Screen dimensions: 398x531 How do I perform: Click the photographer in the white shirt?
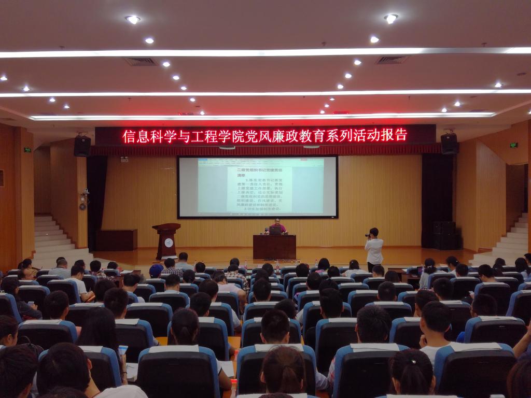pos(374,248)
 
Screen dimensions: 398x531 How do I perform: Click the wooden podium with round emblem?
pos(167,240)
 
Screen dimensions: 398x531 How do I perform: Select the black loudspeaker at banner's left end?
pos(82,146)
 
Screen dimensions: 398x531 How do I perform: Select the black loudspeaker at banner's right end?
pos(449,144)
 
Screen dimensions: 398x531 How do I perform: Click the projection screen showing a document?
pos(257,186)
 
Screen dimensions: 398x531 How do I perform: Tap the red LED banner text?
pos(264,135)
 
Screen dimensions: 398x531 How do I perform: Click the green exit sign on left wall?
pos(27,150)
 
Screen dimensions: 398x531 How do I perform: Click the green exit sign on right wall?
pos(513,145)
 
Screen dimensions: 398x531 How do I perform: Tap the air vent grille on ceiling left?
pos(141,61)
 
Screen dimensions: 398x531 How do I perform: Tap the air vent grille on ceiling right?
pos(392,60)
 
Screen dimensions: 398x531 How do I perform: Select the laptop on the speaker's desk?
pos(274,230)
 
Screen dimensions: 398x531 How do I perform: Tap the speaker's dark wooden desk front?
pos(274,247)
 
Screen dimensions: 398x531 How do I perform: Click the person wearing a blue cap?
pos(156,270)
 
